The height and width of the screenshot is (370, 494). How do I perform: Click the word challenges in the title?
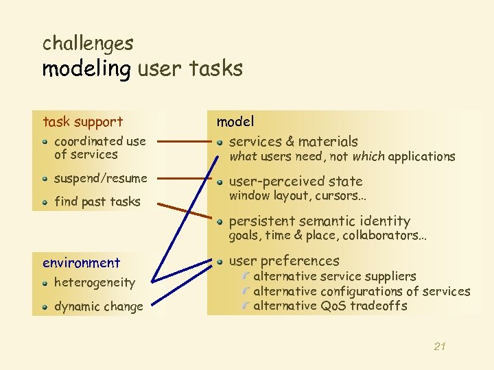(x=88, y=44)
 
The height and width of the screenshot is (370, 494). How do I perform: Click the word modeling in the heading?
(x=86, y=69)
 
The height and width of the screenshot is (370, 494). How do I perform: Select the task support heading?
(x=83, y=122)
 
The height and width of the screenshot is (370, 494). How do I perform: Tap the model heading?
(x=235, y=121)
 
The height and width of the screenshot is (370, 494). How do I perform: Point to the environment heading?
(x=81, y=262)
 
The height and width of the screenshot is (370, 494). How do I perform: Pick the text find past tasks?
(x=97, y=201)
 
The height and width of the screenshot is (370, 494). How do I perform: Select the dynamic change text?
(x=99, y=306)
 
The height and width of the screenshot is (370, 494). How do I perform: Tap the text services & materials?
(x=293, y=142)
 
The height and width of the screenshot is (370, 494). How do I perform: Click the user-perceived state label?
(x=295, y=182)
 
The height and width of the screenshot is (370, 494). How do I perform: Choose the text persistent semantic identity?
(x=319, y=221)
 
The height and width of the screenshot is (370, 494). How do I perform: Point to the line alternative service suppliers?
(x=334, y=276)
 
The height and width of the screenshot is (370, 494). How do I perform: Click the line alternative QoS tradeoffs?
(x=330, y=306)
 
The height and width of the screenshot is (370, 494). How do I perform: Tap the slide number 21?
(x=440, y=347)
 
